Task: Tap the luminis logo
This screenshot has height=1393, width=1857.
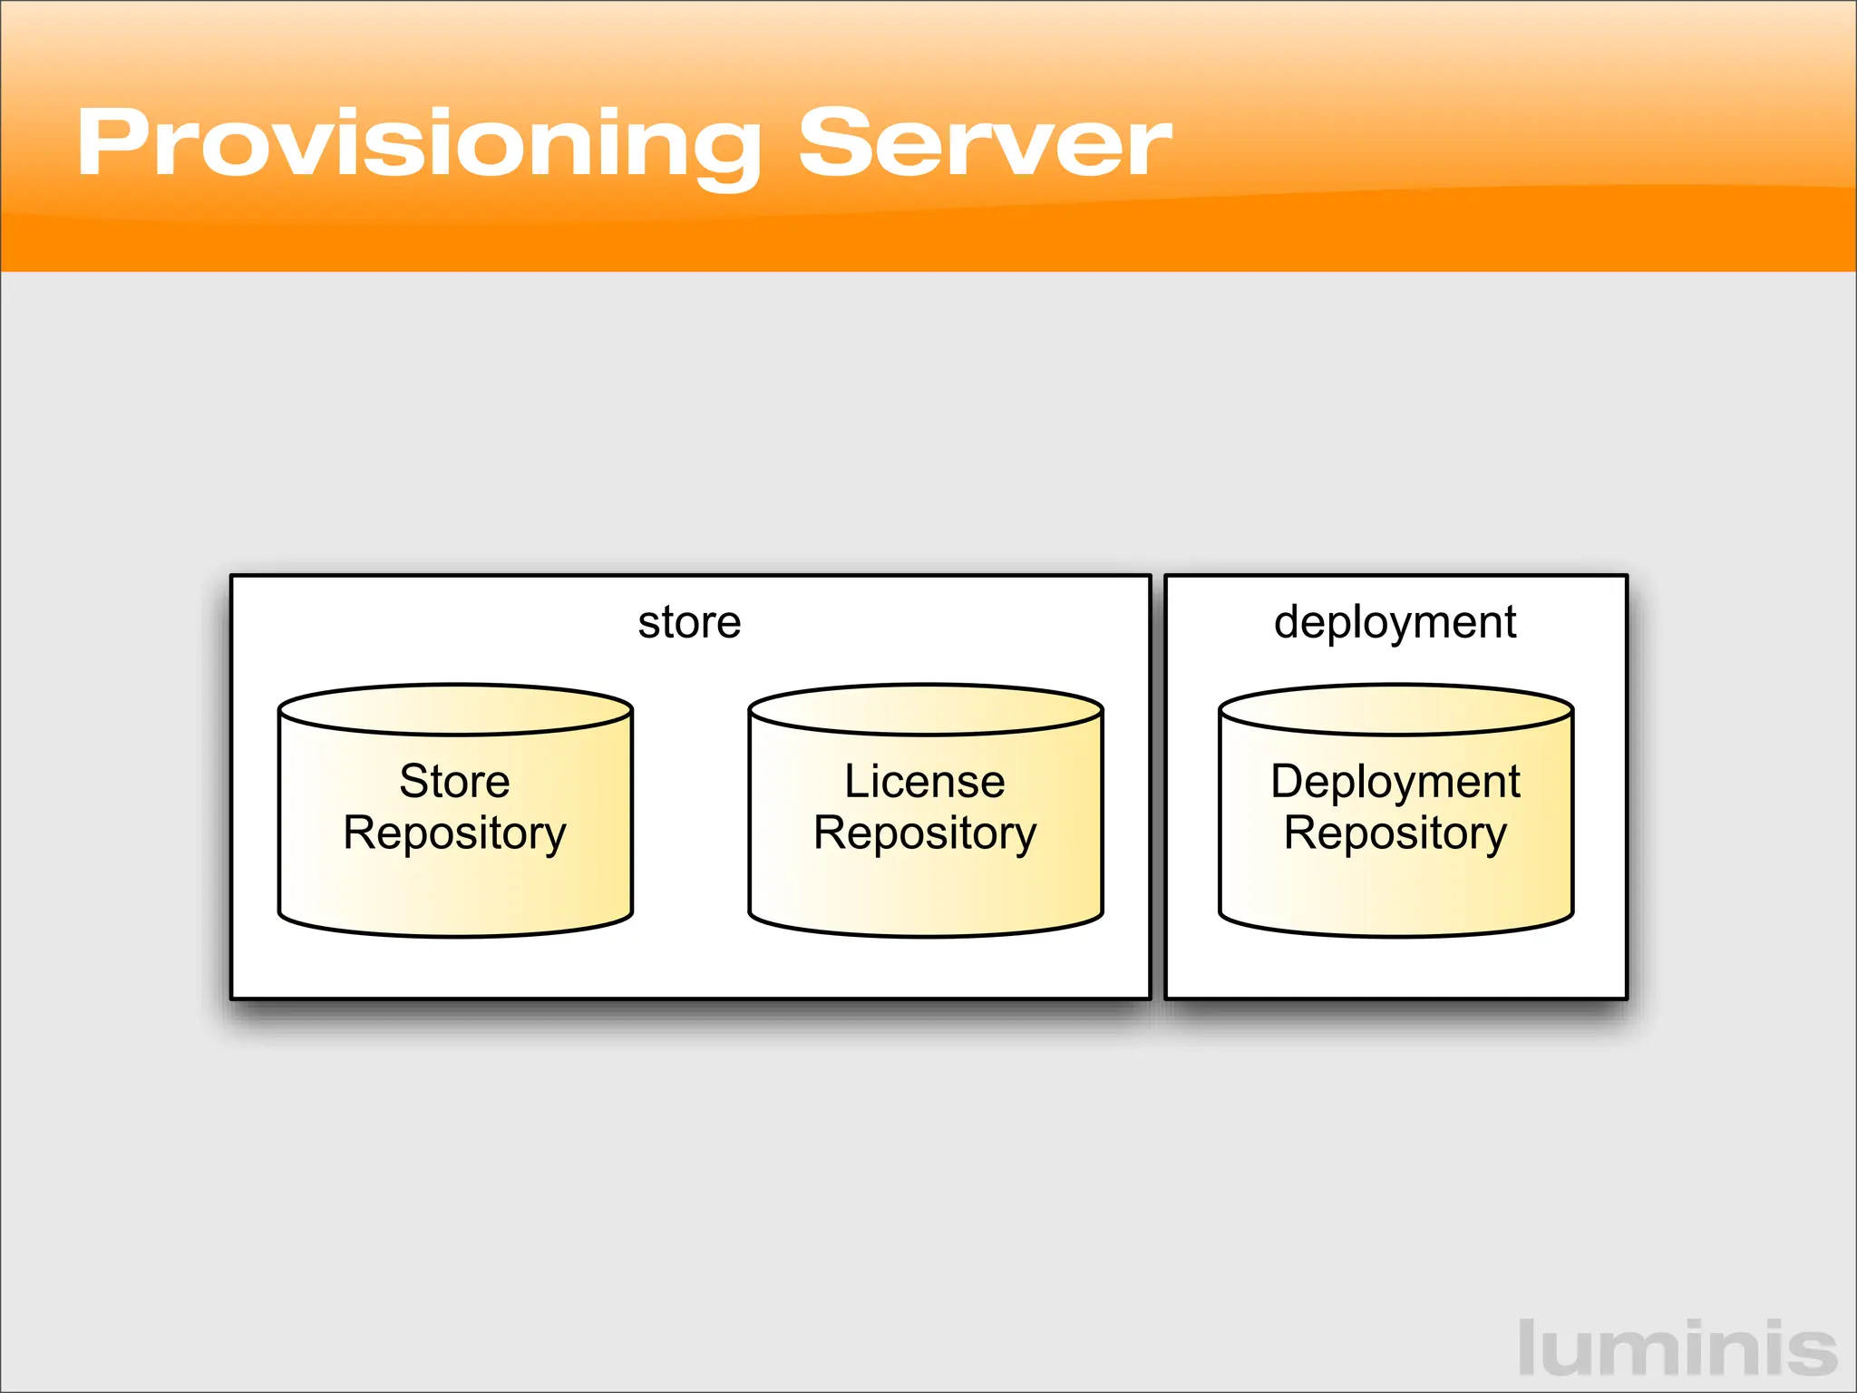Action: coord(1677,1349)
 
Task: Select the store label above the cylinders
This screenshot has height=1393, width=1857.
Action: coord(689,623)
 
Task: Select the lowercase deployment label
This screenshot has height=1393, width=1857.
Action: coord(1395,623)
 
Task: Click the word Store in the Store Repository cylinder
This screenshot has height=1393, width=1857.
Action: coord(454,781)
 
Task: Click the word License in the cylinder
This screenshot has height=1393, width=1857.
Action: coord(925,781)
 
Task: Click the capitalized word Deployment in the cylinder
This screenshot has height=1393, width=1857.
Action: coord(1395,781)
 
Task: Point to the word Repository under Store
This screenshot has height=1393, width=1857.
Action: coord(454,833)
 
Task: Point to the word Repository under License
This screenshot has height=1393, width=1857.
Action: coord(925,833)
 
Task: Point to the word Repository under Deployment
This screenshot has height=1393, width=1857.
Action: coord(1395,833)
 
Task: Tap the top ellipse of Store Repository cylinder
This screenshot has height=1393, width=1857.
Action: coord(454,709)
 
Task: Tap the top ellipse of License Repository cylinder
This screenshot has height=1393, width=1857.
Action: coord(925,709)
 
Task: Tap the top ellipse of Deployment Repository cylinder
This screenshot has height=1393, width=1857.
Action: coord(1395,709)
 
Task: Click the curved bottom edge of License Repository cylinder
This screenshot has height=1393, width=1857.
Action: coord(925,935)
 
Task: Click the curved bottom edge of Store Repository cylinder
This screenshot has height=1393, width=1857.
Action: coord(454,935)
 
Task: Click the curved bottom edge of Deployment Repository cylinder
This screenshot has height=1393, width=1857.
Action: coord(1395,935)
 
